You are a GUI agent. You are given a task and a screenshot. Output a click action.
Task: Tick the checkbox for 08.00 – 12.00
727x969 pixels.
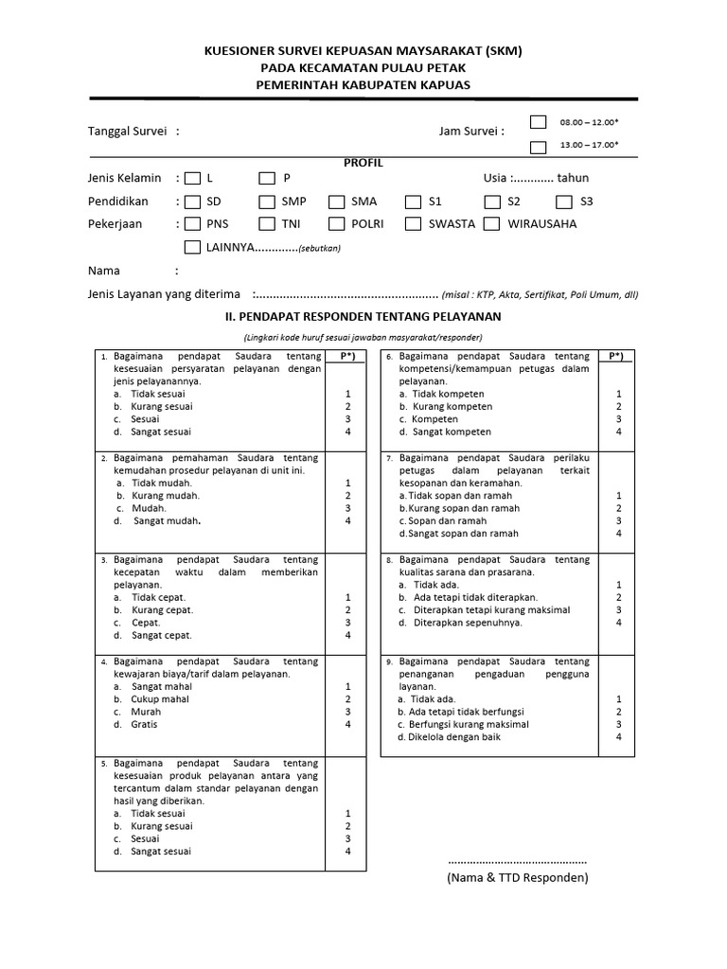539,122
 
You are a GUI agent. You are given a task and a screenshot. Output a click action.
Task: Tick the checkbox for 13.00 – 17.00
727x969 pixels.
539,147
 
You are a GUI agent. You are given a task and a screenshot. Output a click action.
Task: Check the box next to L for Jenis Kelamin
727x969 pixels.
193,178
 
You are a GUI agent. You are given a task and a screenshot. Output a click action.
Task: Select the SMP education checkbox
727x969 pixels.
267,202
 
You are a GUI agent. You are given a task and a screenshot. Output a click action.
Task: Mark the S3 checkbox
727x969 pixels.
564,202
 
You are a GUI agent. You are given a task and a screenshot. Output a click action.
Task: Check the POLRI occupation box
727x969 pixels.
337,224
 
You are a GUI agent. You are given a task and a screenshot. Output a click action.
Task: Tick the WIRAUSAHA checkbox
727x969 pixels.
491,224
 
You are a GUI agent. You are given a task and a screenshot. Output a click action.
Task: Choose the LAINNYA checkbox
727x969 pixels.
193,247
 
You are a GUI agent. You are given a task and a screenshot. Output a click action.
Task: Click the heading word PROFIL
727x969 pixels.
363,163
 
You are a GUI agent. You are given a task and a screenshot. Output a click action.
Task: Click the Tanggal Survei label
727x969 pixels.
129,132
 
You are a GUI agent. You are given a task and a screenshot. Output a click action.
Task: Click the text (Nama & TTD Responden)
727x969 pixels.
518,878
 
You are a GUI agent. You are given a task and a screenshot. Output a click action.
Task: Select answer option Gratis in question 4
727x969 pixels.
145,725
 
